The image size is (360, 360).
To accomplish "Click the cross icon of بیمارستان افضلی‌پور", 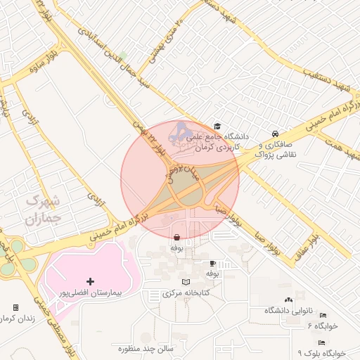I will click(90, 281).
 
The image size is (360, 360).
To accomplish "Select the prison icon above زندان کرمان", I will click(15, 308).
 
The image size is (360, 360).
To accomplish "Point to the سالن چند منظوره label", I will click(150, 348).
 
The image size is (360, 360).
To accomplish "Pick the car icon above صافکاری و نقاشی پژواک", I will click(275, 133).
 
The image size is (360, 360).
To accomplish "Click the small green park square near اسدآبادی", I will click(123, 56).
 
